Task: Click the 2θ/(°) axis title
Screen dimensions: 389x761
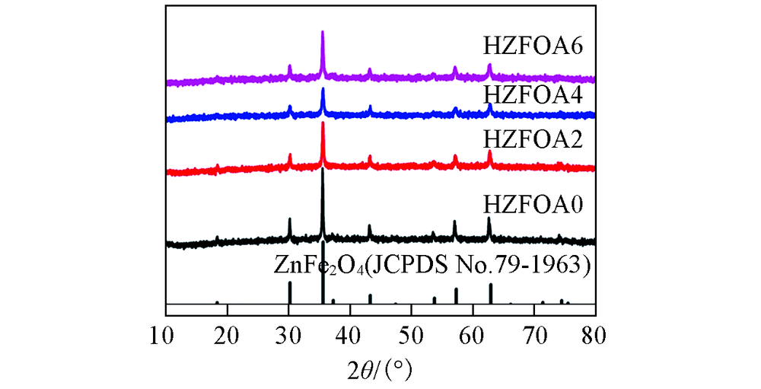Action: (x=379, y=370)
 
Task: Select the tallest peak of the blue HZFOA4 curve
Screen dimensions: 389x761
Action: (x=323, y=91)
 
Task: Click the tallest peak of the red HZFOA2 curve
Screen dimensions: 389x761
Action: (x=323, y=124)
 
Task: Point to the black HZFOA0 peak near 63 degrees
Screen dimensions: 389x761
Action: (x=489, y=220)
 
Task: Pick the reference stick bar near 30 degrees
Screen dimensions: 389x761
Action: (x=289, y=292)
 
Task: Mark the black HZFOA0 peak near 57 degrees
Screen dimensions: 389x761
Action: (x=454, y=223)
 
